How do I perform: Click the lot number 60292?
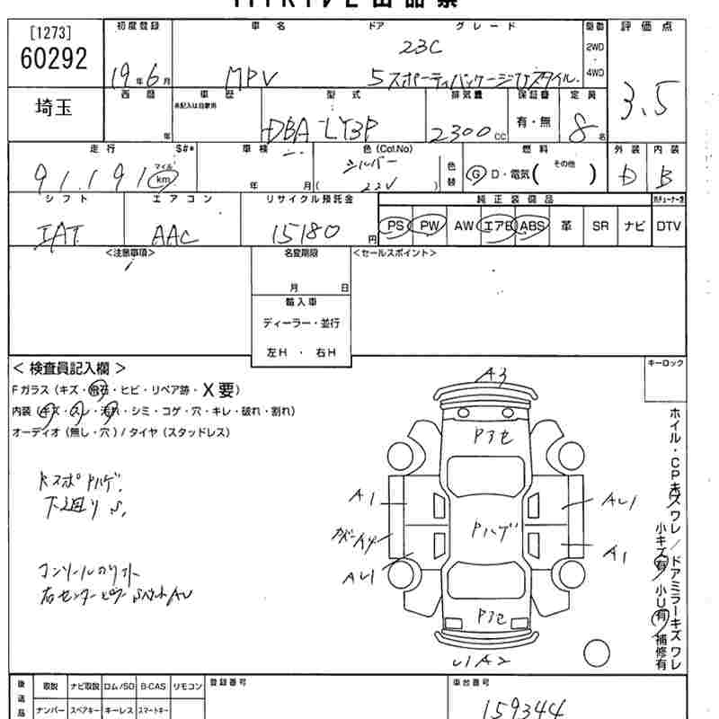(x=52, y=59)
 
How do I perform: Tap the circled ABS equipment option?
(x=532, y=226)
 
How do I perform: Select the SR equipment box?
(x=600, y=226)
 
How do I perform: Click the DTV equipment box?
(x=668, y=226)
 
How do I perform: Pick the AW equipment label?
(x=464, y=226)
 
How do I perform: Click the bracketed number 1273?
(x=50, y=34)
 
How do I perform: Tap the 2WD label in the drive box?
(x=594, y=46)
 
